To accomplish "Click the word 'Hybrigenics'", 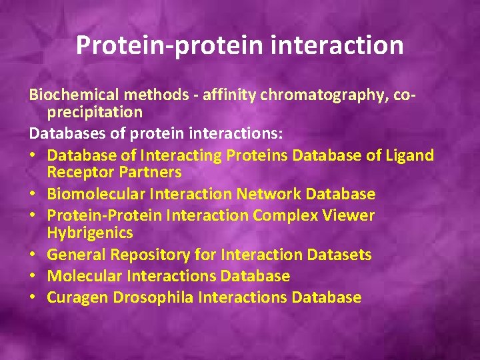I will (90, 233).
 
